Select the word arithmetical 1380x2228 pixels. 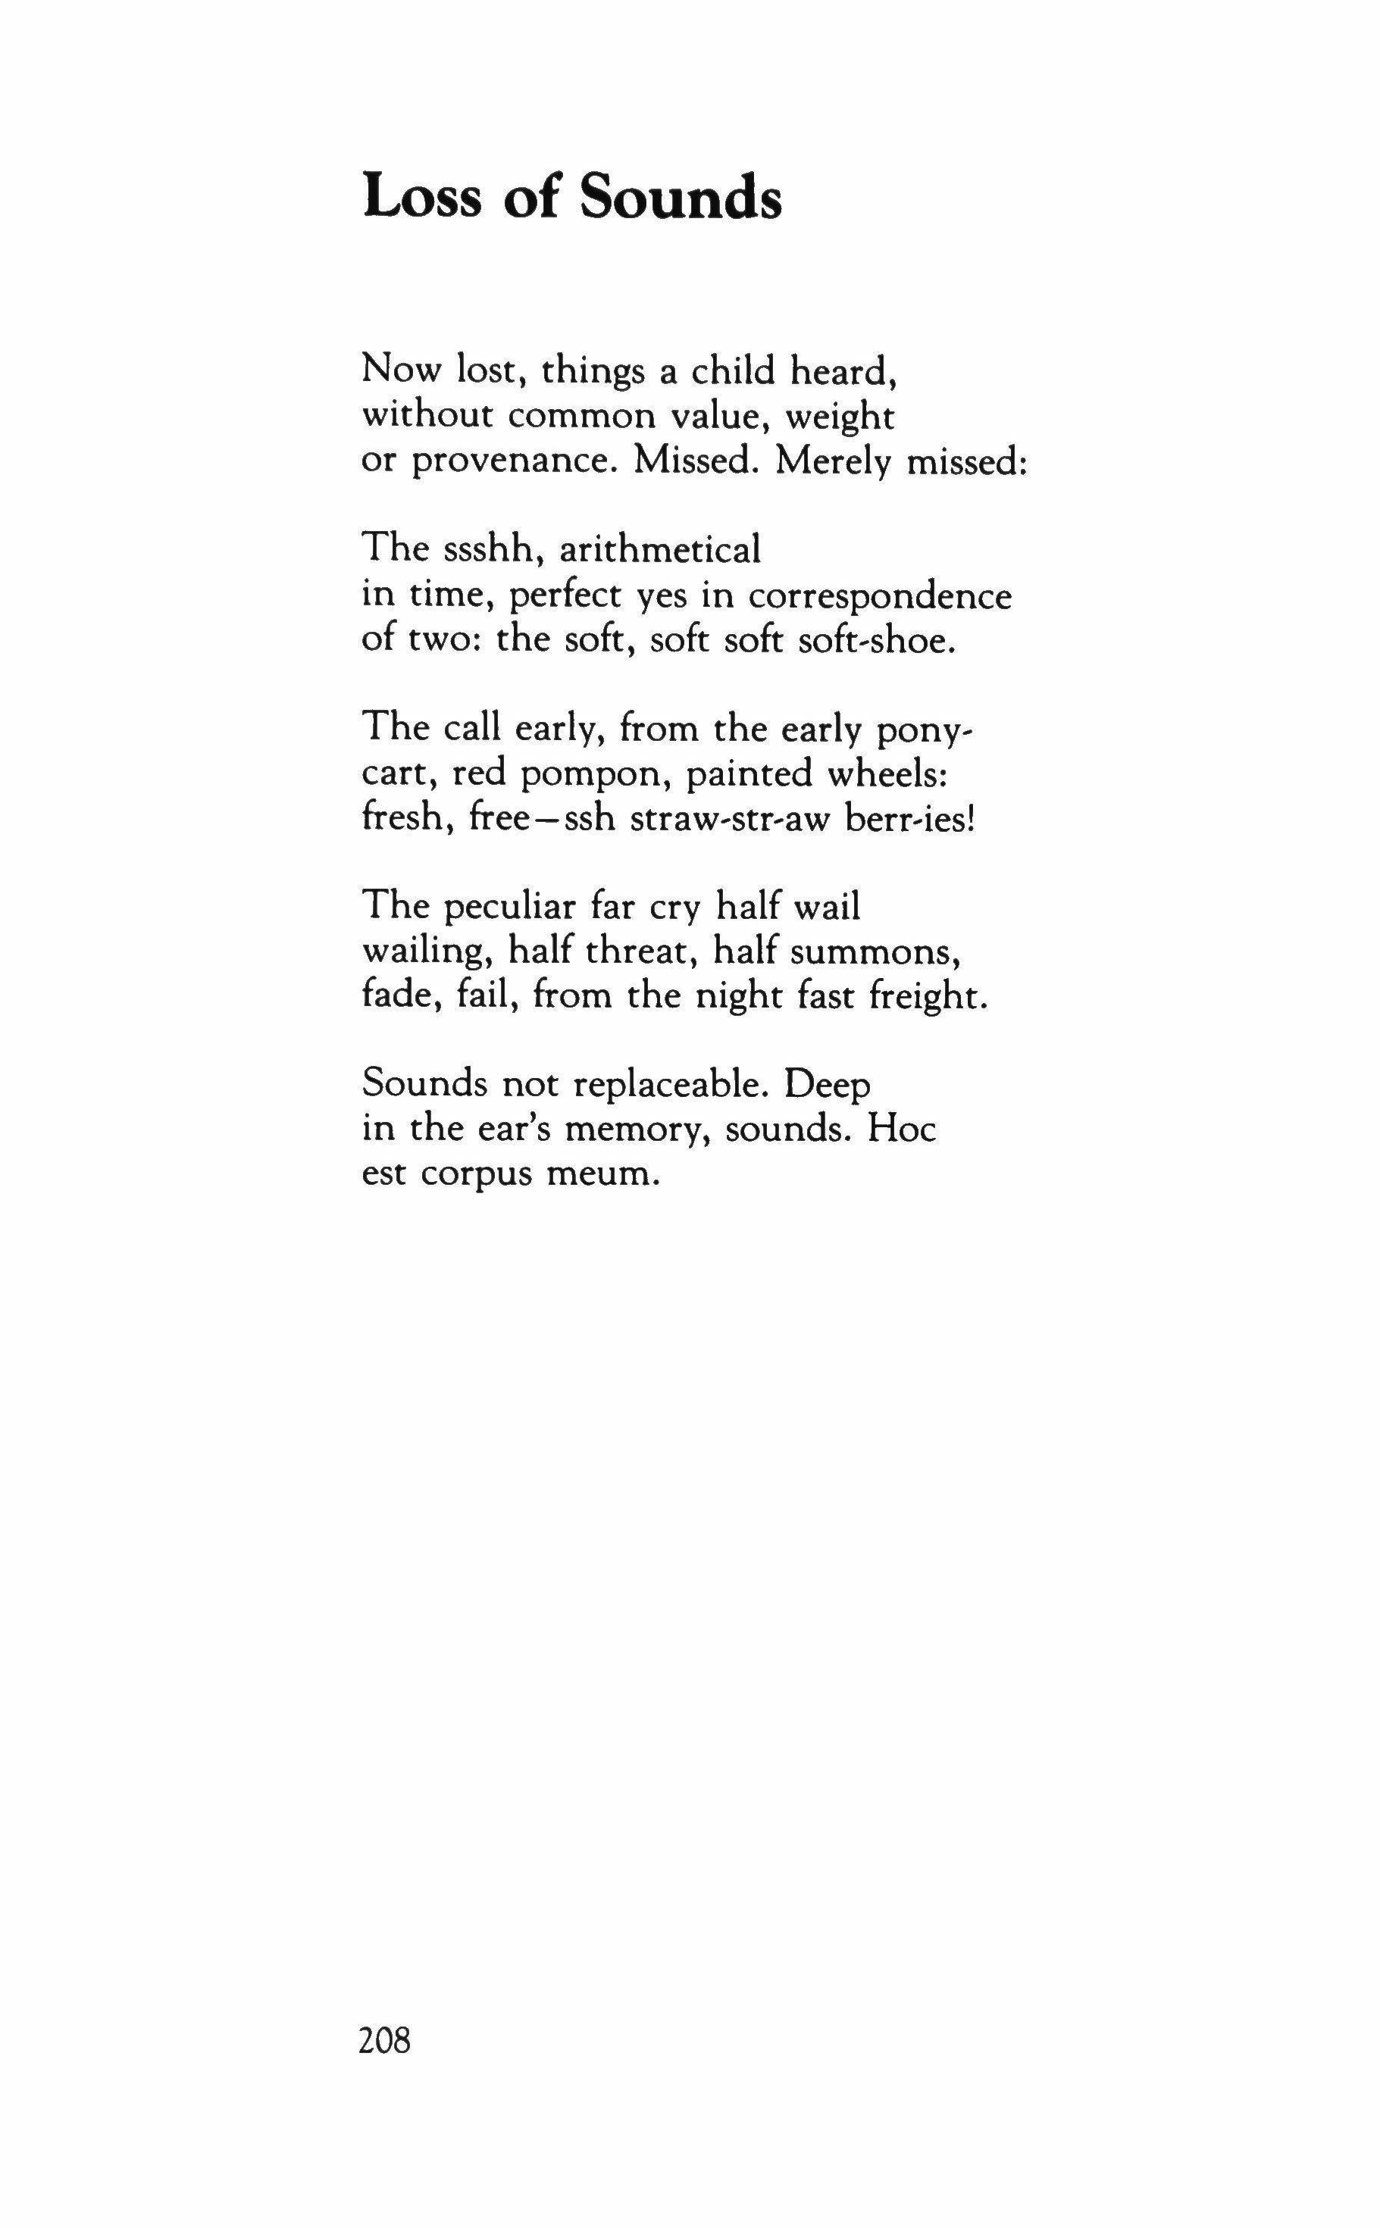659,549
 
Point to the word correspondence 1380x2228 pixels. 880,597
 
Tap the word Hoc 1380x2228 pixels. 902,1130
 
